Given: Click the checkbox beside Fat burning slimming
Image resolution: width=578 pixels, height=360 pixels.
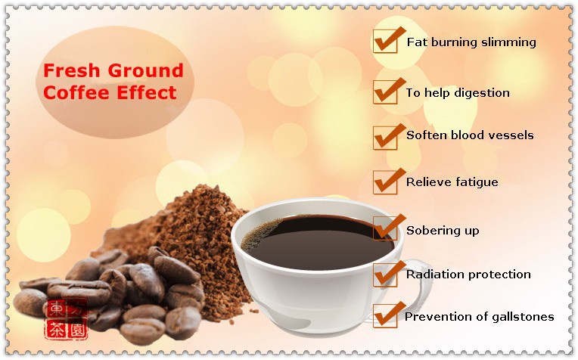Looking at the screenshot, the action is pyautogui.click(x=385, y=42).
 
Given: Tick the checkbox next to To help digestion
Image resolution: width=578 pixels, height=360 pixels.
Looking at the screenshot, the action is pyautogui.click(x=385, y=92).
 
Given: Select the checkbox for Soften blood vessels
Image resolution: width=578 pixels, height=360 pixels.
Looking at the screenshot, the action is pyautogui.click(x=385, y=138).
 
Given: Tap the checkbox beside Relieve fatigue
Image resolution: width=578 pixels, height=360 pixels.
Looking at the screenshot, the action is pyautogui.click(x=385, y=182).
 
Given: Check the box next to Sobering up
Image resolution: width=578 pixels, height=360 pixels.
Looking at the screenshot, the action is pyautogui.click(x=385, y=228).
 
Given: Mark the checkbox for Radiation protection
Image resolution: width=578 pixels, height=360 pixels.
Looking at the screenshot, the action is pyautogui.click(x=385, y=275).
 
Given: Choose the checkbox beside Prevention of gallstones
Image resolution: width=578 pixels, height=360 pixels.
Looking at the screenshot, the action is pyautogui.click(x=385, y=316).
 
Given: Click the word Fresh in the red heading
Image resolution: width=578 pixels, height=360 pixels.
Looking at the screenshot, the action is pyautogui.click(x=72, y=70).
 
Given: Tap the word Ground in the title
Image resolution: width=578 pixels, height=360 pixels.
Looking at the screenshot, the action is pyautogui.click(x=145, y=70).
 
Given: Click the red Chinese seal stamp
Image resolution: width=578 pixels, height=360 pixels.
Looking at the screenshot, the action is pyautogui.click(x=67, y=319).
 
